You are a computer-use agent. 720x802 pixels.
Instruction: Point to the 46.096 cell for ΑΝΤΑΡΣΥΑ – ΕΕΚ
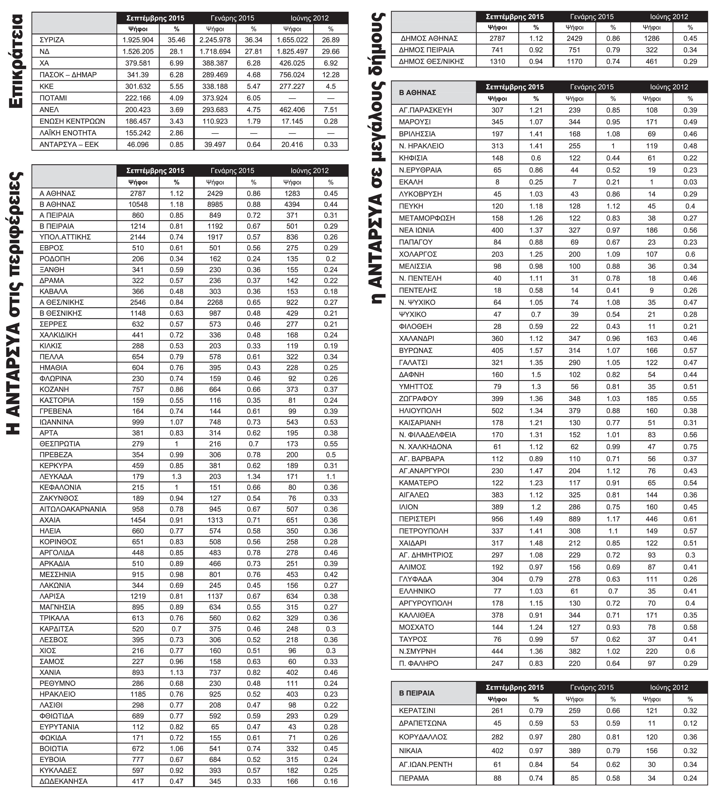tap(138, 145)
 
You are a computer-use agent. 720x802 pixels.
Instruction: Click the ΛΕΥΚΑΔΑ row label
tap(56, 476)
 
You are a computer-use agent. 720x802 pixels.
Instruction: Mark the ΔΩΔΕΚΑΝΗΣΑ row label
tap(63, 781)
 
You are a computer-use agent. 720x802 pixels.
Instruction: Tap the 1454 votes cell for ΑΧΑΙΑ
tap(138, 520)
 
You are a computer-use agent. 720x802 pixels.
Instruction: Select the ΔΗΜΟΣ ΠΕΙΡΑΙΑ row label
tap(426, 50)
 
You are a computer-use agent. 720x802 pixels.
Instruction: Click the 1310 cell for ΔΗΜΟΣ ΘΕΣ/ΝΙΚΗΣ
tap(497, 61)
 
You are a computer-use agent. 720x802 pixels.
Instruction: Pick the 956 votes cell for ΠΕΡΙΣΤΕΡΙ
tap(497, 519)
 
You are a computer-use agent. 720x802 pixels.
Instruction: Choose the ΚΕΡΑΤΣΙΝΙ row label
tap(417, 711)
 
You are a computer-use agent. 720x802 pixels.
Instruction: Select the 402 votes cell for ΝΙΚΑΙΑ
tap(497, 751)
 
